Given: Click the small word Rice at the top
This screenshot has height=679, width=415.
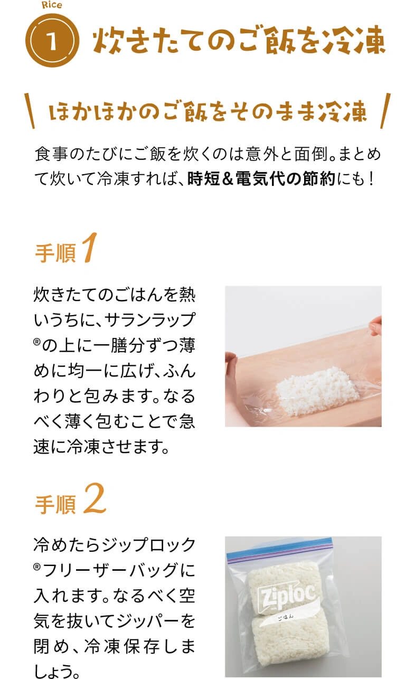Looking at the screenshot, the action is coord(52,5).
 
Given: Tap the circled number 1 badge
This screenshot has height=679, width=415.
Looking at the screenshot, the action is coord(52,41).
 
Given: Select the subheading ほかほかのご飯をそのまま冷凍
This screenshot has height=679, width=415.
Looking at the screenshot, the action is coord(207,111).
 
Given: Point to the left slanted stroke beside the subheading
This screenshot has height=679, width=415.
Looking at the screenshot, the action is coord(30,111).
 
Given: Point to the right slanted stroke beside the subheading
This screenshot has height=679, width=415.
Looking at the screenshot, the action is coord(385,111).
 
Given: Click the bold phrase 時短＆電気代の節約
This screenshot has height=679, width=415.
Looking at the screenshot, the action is coord(261,178).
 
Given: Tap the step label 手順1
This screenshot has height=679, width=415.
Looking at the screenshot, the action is coord(66,249).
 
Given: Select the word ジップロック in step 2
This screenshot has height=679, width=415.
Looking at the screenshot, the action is coord(148,545).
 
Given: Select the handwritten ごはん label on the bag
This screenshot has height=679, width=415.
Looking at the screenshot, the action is coord(285,617).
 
